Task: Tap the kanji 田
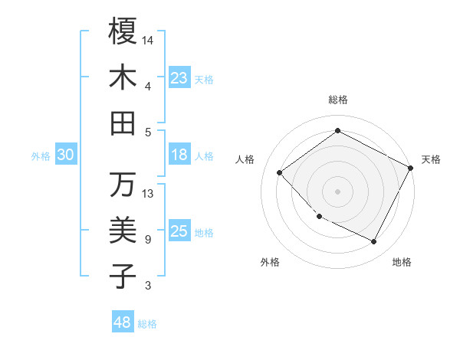tap(123, 123)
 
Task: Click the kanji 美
tap(123, 230)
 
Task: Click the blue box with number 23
tap(179, 77)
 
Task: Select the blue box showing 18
tap(179, 155)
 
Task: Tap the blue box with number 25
tap(179, 232)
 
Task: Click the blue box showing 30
tap(65, 155)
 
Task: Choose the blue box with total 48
tap(123, 322)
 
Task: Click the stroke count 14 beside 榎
tap(148, 39)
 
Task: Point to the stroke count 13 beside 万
tap(148, 194)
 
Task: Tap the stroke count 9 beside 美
tap(148, 240)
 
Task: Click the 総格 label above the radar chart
tap(338, 100)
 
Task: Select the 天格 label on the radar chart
tap(431, 159)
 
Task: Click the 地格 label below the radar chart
tap(402, 262)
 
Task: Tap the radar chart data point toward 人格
tap(280, 173)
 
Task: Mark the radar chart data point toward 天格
tap(411, 169)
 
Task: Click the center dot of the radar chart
tap(338, 191)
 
